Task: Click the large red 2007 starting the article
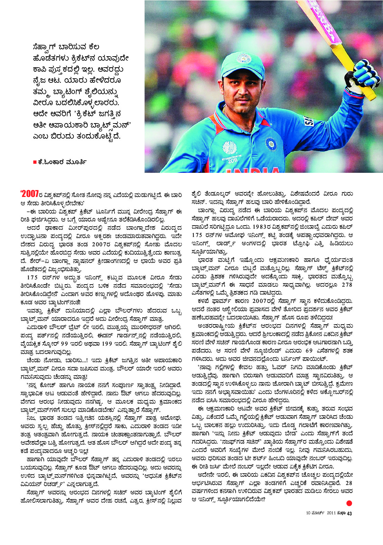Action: pyautogui.click(x=30, y=195)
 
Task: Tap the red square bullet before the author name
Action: pyautogui.click(x=35, y=162)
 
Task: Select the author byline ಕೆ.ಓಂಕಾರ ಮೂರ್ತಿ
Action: pyautogui.click(x=62, y=162)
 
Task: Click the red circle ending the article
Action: pyautogui.click(x=349, y=503)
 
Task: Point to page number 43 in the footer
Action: pyautogui.click(x=349, y=513)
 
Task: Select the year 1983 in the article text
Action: pyautogui.click(x=269, y=227)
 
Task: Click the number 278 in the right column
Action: pyautogui.click(x=347, y=285)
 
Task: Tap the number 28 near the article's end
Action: pyautogui.click(x=349, y=483)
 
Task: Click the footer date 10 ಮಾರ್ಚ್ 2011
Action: pyautogui.click(x=321, y=513)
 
